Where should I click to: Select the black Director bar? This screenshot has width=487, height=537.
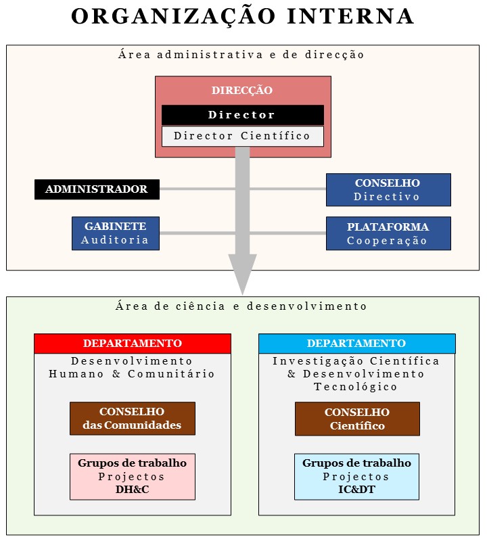point(242,115)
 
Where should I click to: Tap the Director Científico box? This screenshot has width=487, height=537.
point(242,136)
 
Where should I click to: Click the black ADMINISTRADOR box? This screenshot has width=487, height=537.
point(97,189)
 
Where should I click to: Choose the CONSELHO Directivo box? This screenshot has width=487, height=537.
point(388,190)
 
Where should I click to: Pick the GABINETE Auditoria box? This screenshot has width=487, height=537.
point(116,233)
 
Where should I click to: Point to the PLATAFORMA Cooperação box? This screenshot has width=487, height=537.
point(388,233)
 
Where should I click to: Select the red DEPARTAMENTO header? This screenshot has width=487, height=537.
point(133,344)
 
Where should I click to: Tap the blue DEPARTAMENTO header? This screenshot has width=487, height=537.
point(356,344)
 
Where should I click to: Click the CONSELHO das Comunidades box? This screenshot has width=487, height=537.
point(132,419)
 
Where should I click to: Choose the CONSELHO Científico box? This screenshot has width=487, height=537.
point(357,419)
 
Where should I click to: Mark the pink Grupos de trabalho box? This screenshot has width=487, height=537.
point(132,476)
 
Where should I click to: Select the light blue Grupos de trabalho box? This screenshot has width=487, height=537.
point(356,476)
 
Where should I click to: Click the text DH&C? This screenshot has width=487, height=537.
point(132,490)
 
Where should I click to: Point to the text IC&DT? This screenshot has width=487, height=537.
point(356,490)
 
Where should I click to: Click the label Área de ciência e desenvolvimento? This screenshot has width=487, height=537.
point(241,306)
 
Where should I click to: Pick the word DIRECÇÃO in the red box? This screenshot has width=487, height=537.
point(242,91)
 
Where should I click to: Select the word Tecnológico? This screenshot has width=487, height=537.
point(356,387)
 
